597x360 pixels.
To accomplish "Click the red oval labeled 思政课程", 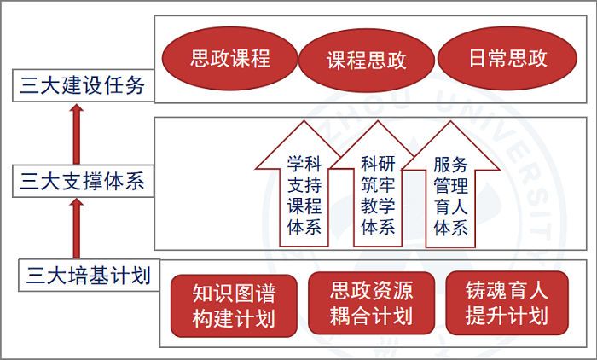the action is pyautogui.click(x=229, y=58).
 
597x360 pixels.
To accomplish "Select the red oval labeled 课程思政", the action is pyautogui.click(x=366, y=61).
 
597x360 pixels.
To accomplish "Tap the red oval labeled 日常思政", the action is pyautogui.click(x=507, y=58).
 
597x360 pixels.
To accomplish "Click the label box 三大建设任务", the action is pyautogui.click(x=83, y=85).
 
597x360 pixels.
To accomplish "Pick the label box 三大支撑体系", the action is pyautogui.click(x=83, y=181).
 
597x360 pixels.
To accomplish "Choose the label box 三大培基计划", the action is pyautogui.click(x=89, y=275).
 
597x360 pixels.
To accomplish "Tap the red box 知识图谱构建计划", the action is pyautogui.click(x=234, y=306).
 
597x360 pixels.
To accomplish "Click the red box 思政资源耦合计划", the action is pyautogui.click(x=371, y=303).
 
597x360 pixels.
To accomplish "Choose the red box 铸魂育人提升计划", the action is pyautogui.click(x=507, y=303).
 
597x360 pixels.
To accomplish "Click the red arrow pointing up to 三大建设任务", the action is pyautogui.click(x=77, y=134).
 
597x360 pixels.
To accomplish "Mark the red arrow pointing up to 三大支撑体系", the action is pyautogui.click(x=77, y=229).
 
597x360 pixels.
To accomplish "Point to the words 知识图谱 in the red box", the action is pyautogui.click(x=234, y=293).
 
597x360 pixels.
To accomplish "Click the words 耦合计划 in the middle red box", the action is pyautogui.click(x=371, y=316).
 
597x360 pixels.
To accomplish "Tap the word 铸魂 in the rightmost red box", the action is pyautogui.click(x=486, y=291).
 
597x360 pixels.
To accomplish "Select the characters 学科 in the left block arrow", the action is pyautogui.click(x=304, y=164).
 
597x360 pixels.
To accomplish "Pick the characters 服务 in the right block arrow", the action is pyautogui.click(x=450, y=165).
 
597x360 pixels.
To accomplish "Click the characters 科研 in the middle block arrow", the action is pyautogui.click(x=378, y=164).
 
